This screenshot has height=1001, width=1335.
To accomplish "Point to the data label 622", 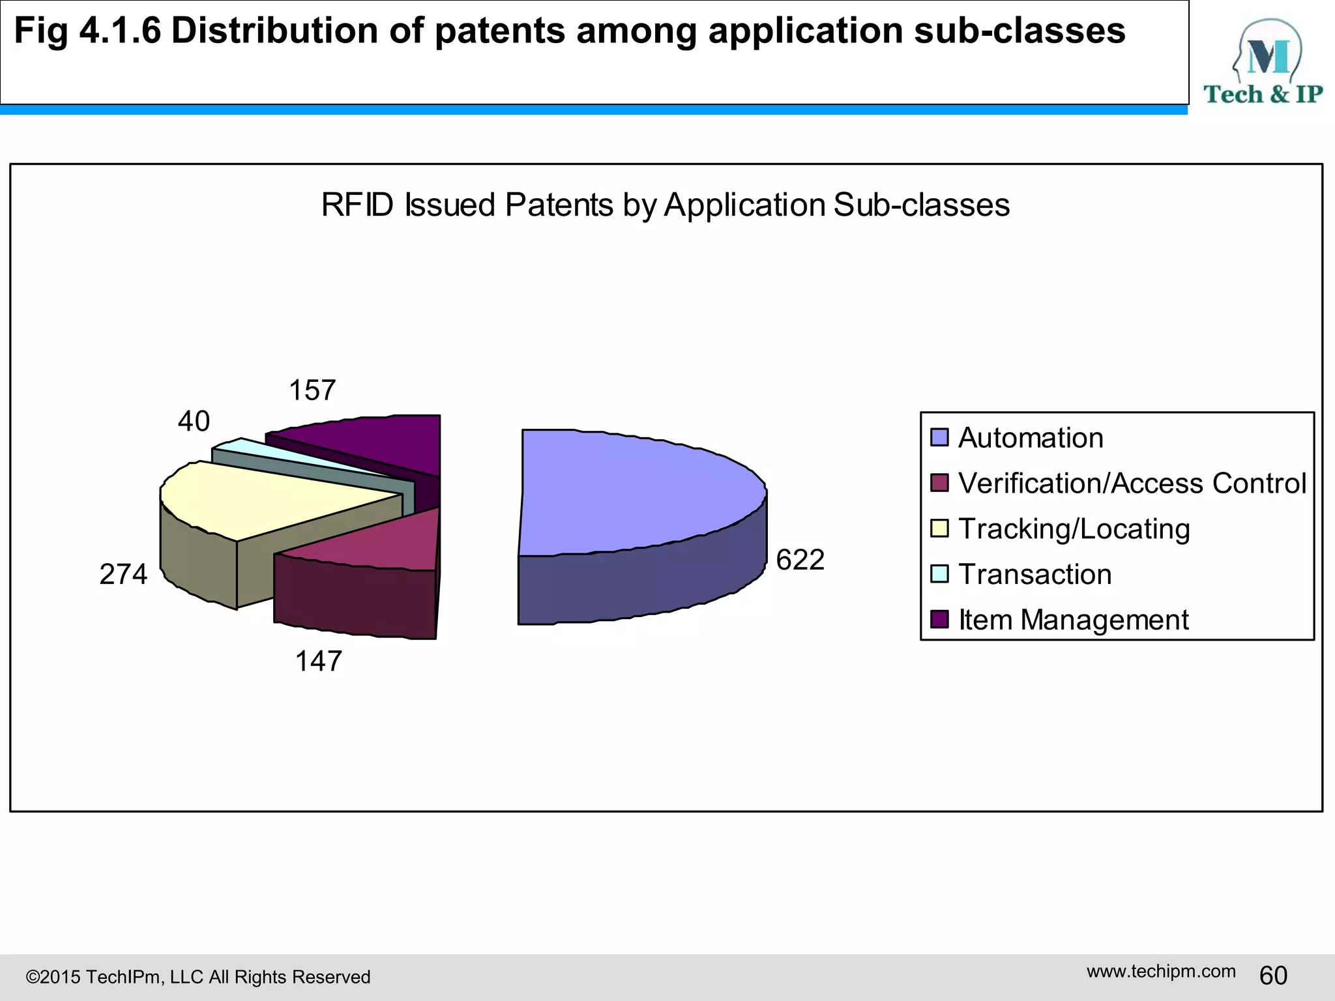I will point(800,560).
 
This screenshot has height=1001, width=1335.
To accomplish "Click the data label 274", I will point(123,574).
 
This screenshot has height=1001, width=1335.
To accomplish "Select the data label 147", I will point(318,661).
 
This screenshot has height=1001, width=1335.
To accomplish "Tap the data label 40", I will point(194,421).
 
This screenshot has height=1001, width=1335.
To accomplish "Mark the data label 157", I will point(312,390).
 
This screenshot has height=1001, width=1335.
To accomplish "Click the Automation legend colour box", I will point(939,437).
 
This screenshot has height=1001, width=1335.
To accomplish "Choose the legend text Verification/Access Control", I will point(1132,483).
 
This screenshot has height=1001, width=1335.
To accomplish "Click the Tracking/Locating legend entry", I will point(1073,529).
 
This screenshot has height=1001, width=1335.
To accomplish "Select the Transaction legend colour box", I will point(939,574).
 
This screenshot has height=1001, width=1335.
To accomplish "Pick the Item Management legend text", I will point(1073,620).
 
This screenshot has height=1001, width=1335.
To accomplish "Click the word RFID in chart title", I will point(357,205).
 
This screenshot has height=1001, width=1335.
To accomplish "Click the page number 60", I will point(1272,976).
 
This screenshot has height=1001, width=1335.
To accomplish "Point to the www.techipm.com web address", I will point(1160,971).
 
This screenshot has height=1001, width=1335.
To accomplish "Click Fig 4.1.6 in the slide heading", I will point(87,31).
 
